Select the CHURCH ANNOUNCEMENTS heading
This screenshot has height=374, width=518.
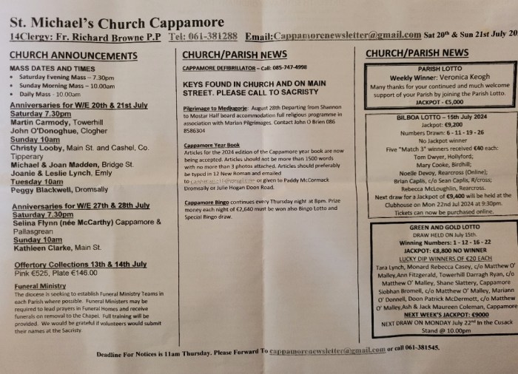pyautogui.click(x=73, y=55)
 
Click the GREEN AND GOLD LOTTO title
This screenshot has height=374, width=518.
pyautogui.click(x=444, y=228)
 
